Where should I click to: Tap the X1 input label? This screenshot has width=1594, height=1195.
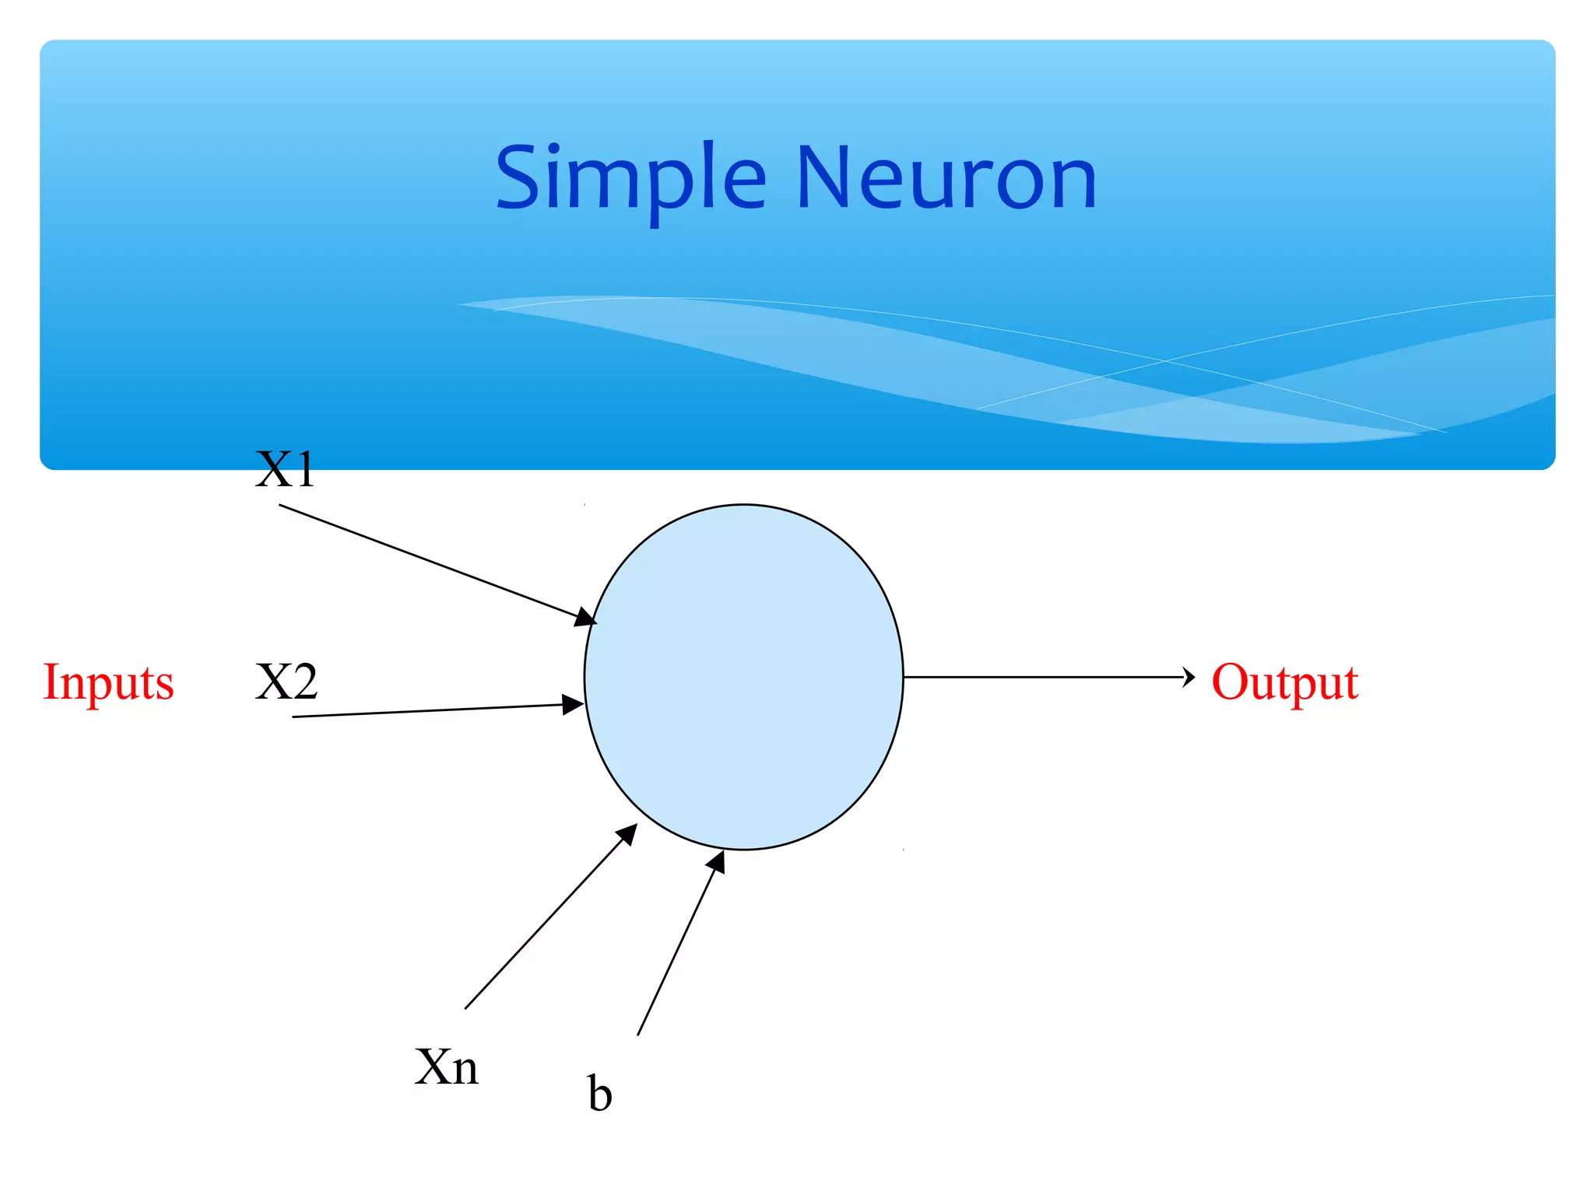(x=285, y=470)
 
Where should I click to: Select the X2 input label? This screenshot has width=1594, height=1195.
(x=286, y=682)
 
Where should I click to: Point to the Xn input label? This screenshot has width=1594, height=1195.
(x=446, y=1067)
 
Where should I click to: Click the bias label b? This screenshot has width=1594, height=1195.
(x=599, y=1094)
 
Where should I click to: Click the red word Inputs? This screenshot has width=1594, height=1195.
(x=108, y=682)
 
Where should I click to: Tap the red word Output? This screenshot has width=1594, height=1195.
(x=1284, y=682)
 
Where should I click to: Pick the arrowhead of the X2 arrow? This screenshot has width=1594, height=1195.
(x=574, y=705)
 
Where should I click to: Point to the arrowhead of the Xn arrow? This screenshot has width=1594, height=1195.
(x=627, y=835)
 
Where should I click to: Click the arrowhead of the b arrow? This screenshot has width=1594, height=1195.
(x=717, y=862)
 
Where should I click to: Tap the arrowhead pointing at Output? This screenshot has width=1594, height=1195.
(x=1188, y=677)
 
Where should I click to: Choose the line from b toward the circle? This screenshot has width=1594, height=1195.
(x=675, y=954)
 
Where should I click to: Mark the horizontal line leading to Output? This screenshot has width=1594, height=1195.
(x=1043, y=677)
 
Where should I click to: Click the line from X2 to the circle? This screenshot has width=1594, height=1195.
(x=428, y=710)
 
